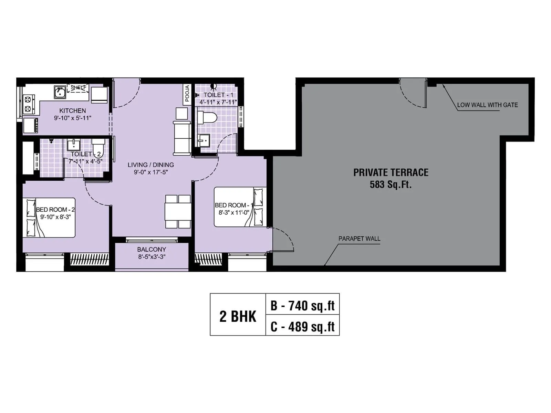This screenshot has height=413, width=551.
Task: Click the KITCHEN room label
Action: (x=72, y=110)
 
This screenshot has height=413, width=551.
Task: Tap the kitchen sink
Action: (x=60, y=92)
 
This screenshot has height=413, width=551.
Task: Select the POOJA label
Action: (x=187, y=94)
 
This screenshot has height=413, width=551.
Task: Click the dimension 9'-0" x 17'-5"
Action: (x=150, y=172)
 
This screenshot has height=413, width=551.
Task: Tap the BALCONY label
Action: (x=152, y=249)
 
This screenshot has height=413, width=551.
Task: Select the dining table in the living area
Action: (x=178, y=212)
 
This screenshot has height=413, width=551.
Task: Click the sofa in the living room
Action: (x=182, y=138)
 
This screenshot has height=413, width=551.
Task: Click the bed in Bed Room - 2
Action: (x=49, y=218)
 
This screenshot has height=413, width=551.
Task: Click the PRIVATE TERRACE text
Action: (x=391, y=172)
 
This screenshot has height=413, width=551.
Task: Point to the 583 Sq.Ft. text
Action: (x=391, y=184)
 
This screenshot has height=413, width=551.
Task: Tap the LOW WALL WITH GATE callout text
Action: (x=487, y=105)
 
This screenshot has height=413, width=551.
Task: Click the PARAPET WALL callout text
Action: (x=359, y=239)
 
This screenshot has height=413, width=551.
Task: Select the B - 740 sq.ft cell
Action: (x=302, y=305)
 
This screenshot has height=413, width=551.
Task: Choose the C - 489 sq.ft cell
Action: (x=302, y=326)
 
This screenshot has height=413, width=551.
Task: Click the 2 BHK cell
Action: (x=238, y=316)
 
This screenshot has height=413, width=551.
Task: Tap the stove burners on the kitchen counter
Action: (x=28, y=105)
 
